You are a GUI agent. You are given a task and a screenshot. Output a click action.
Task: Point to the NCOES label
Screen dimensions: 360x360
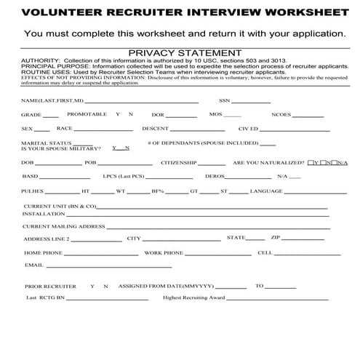click(281, 115)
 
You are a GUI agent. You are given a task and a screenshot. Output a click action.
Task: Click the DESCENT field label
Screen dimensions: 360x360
click(155, 129)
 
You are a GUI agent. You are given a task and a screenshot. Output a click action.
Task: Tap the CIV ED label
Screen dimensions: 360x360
click(247, 129)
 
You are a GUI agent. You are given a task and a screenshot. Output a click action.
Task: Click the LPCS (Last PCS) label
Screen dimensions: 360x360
click(122, 177)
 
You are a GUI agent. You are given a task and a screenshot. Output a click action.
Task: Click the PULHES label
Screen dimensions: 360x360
click(33, 191)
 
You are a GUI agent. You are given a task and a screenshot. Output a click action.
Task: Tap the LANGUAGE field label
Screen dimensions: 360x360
click(266, 191)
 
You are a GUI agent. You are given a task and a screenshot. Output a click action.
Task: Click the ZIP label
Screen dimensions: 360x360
click(275, 237)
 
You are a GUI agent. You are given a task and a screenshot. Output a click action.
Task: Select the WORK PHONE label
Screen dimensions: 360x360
click(163, 252)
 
